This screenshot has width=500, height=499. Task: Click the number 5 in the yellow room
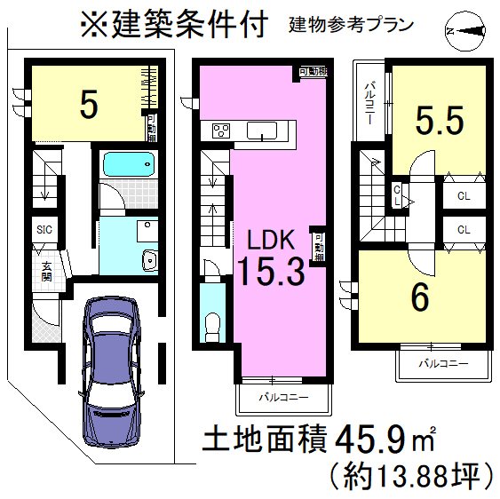click(x=88, y=105)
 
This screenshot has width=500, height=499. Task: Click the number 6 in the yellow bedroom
click(x=420, y=298)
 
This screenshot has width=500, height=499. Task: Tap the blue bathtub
click(x=129, y=165)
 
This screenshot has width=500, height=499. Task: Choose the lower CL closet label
click(x=464, y=229)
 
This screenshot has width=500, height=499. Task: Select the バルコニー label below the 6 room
click(x=441, y=364)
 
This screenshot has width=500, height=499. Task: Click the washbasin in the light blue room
click(x=148, y=260)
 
